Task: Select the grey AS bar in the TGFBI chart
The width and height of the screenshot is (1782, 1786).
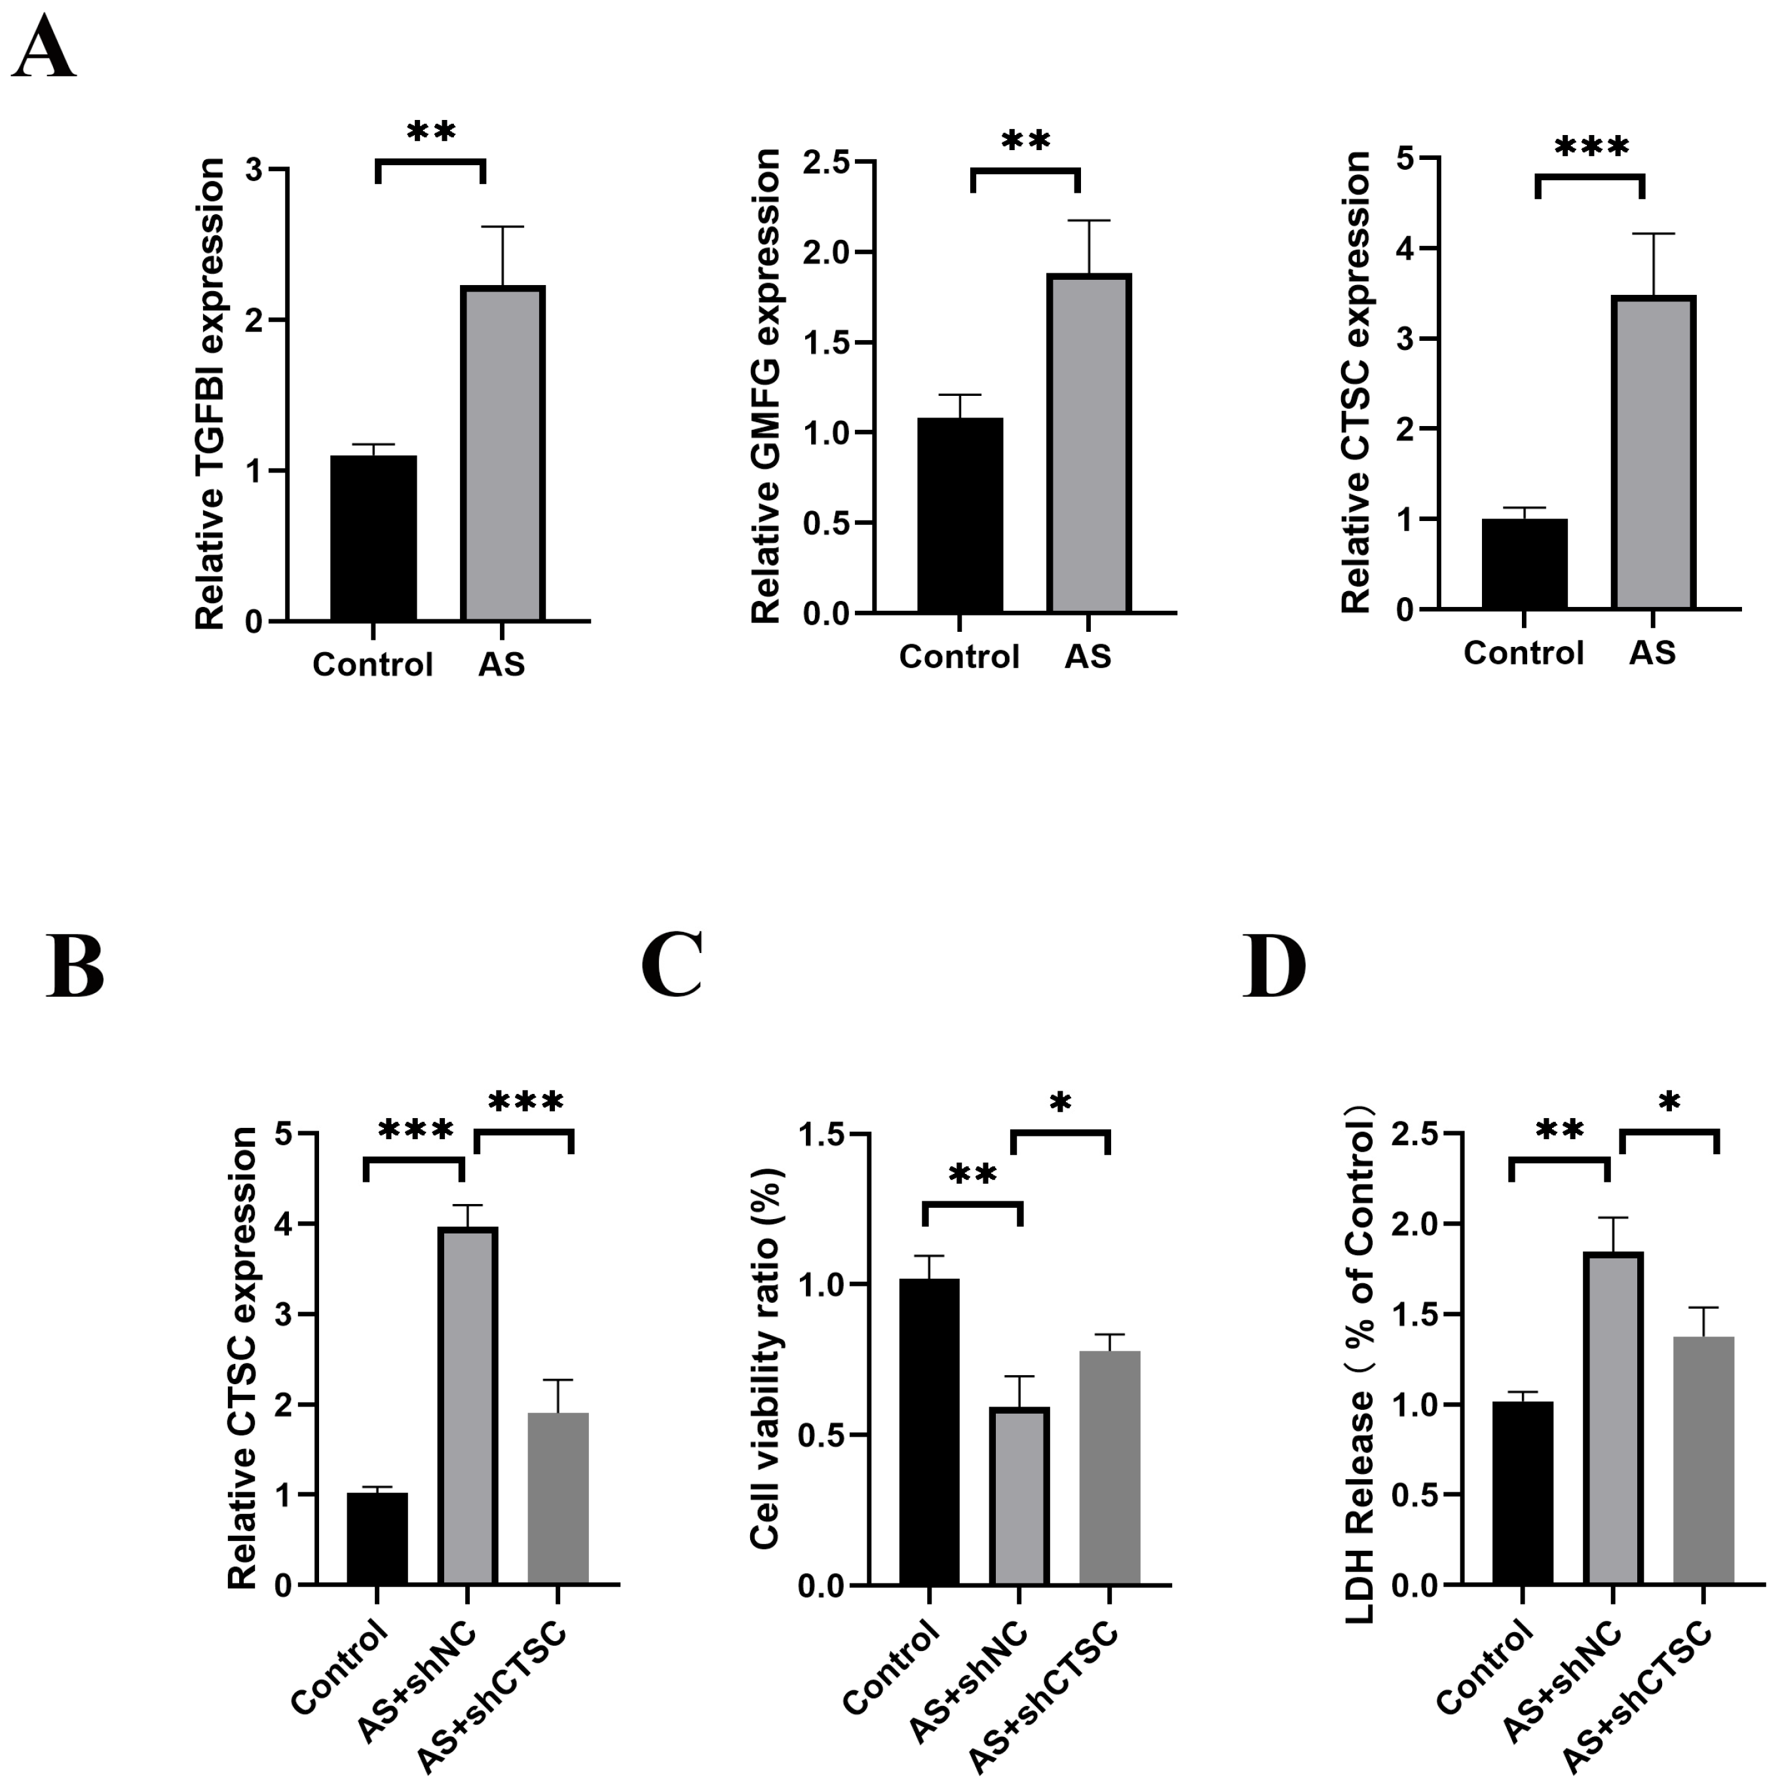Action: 502,453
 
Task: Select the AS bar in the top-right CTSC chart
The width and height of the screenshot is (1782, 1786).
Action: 1652,453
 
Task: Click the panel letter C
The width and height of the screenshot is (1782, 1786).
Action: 672,965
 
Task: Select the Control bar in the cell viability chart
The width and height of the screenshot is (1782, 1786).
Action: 929,1433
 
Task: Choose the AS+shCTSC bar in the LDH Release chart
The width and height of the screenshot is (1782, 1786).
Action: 1703,1461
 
